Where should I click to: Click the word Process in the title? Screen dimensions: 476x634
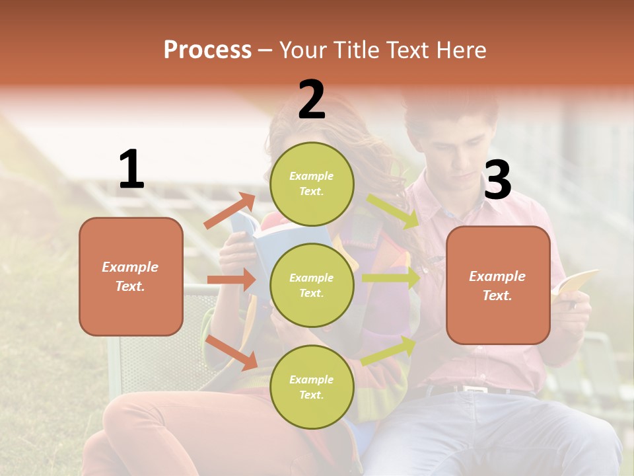[x=207, y=50]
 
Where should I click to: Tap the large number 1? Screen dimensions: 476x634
[x=131, y=170]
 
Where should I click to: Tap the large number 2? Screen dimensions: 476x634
[x=312, y=100]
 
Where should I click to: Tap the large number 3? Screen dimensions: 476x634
[x=497, y=180]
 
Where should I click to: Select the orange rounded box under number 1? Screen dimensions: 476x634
[x=131, y=276]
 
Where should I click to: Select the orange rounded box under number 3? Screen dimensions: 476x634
[x=498, y=286]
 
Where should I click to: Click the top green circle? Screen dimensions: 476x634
[x=312, y=184]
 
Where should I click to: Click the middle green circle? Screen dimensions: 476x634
[x=312, y=285]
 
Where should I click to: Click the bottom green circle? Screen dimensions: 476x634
[x=312, y=387]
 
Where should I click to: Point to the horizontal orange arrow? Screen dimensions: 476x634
[x=231, y=280]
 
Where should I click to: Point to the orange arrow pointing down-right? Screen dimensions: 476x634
[x=232, y=352]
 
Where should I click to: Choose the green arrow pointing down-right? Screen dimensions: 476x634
[x=394, y=211]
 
